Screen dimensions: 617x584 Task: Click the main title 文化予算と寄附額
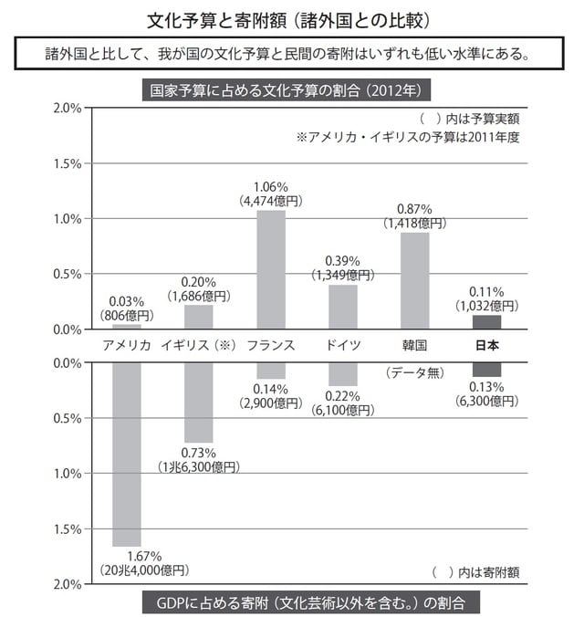(x=291, y=18)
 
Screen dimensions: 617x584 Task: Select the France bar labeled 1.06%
(x=271, y=269)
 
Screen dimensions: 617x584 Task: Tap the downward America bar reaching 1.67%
(x=126, y=454)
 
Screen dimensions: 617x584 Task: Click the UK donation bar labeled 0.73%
(x=199, y=402)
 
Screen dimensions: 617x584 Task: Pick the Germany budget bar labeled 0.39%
(x=343, y=307)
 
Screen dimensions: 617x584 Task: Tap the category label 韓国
(x=415, y=346)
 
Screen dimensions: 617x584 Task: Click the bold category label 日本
(x=487, y=346)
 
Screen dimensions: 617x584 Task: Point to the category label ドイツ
(x=343, y=346)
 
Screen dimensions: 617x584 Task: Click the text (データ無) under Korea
(x=415, y=371)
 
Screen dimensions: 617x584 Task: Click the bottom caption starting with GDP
(x=309, y=603)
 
